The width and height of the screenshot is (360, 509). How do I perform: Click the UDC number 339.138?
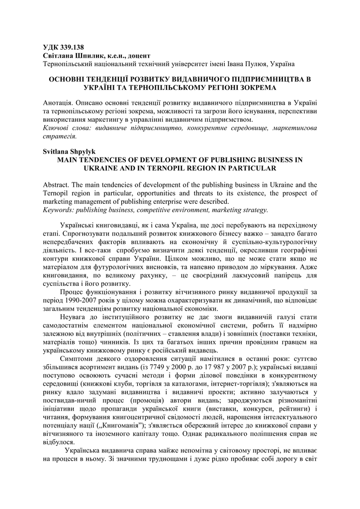pos(73,48)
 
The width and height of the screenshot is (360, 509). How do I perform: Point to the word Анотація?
pos(58,103)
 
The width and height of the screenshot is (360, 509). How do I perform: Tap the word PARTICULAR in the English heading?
pos(241,168)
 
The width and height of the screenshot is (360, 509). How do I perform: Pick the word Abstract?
pos(57,184)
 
